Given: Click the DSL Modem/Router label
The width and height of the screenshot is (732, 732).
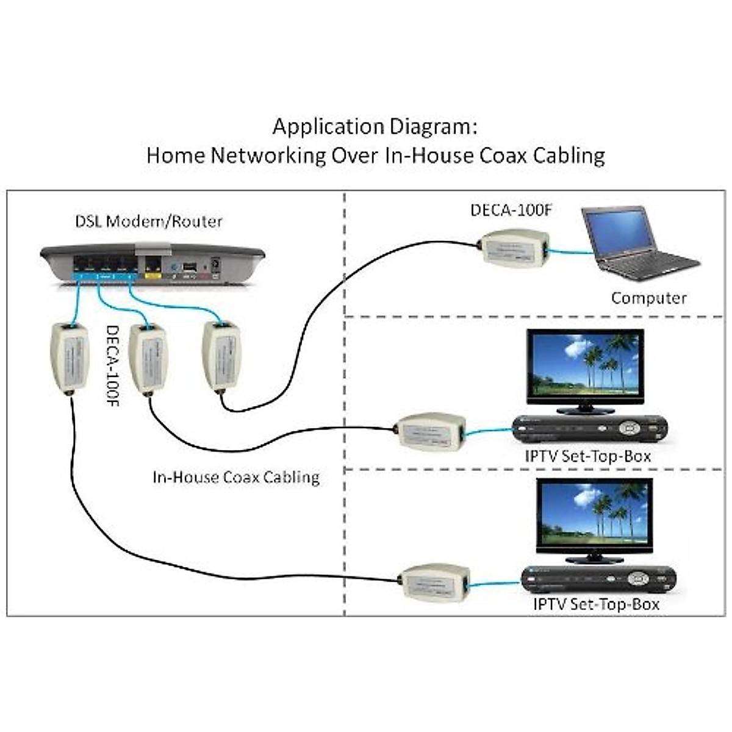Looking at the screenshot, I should coord(149,221).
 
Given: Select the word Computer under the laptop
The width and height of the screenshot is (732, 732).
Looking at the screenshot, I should coord(648,298).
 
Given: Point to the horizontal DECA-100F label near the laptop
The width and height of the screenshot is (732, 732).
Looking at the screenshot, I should coord(511,210).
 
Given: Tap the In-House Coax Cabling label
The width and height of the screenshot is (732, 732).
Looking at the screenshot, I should coord(236,476).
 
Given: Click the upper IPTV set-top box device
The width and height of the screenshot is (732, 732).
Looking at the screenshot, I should coord(589,429).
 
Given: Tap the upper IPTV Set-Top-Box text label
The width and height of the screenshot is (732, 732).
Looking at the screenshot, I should coord(588,456).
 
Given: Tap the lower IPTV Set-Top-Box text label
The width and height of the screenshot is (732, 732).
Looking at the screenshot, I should coord(596,605).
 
